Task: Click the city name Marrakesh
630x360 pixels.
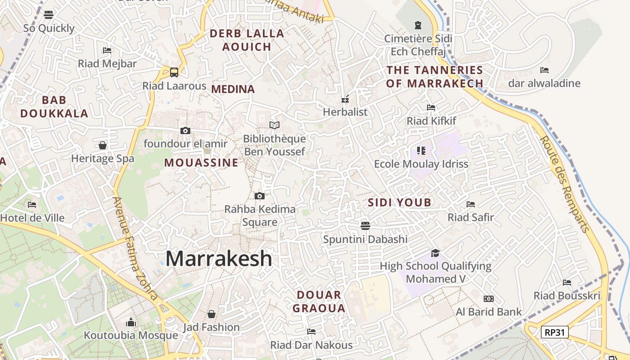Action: coord(219,258)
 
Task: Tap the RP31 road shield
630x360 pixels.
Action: coord(554,333)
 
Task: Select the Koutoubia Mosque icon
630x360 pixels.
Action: coord(131,322)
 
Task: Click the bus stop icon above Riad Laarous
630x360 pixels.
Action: coord(174,72)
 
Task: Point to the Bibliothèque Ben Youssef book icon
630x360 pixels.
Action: coord(274,125)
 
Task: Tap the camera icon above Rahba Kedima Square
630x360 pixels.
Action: coord(260,196)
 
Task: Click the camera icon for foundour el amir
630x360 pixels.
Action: coord(185,130)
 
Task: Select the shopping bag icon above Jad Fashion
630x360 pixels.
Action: coord(211,314)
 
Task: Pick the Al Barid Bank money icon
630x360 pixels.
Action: coord(488,299)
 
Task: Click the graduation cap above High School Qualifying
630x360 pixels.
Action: coord(435,253)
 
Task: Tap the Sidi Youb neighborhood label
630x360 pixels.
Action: coord(400,202)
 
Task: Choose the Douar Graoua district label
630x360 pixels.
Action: coord(319,301)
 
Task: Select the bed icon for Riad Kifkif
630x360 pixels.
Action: coord(431,108)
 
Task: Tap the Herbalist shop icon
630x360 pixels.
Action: coord(345,99)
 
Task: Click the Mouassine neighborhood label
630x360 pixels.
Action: coord(201,162)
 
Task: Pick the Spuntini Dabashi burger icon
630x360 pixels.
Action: coord(365,225)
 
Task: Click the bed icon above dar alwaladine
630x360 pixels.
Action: coord(544,70)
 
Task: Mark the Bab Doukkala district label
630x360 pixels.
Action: coord(54,107)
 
